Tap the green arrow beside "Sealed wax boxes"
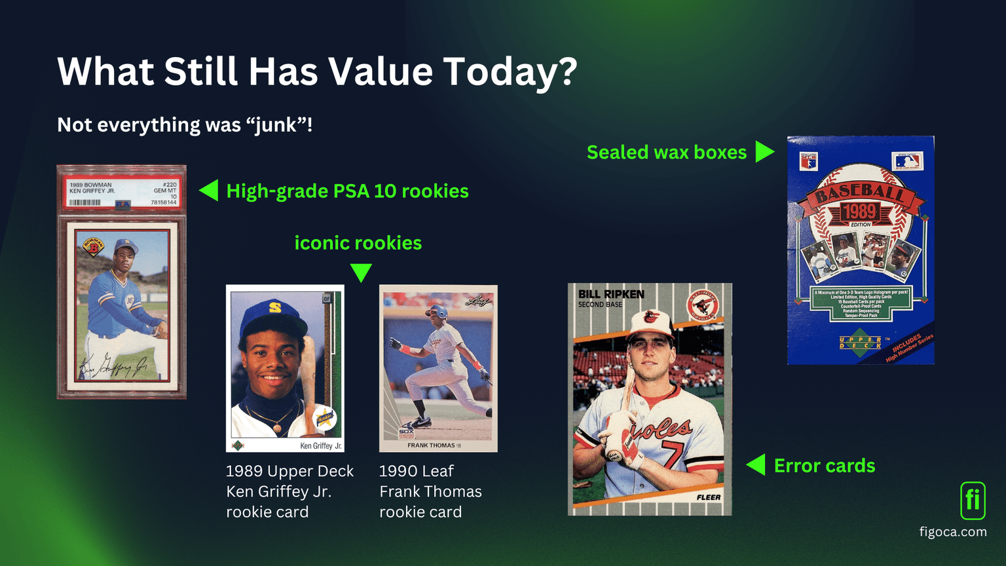pyautogui.click(x=764, y=151)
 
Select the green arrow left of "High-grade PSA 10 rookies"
pyautogui.click(x=209, y=191)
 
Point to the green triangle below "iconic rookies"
pyautogui.click(x=361, y=272)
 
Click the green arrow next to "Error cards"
pyautogui.click(x=756, y=465)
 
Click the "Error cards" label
pyautogui.click(x=824, y=465)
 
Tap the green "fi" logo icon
pyautogui.click(x=973, y=500)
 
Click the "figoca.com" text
pyautogui.click(x=953, y=532)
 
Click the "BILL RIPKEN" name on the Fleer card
pyautogui.click(x=611, y=294)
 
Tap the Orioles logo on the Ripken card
pyautogui.click(x=703, y=305)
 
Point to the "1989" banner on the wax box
pyautogui.click(x=859, y=211)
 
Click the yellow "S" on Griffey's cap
pyautogui.click(x=275, y=307)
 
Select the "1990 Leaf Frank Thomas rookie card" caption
pyautogui.click(x=430, y=491)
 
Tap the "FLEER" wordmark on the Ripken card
pyautogui.click(x=708, y=497)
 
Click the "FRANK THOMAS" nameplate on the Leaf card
pyautogui.click(x=431, y=445)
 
